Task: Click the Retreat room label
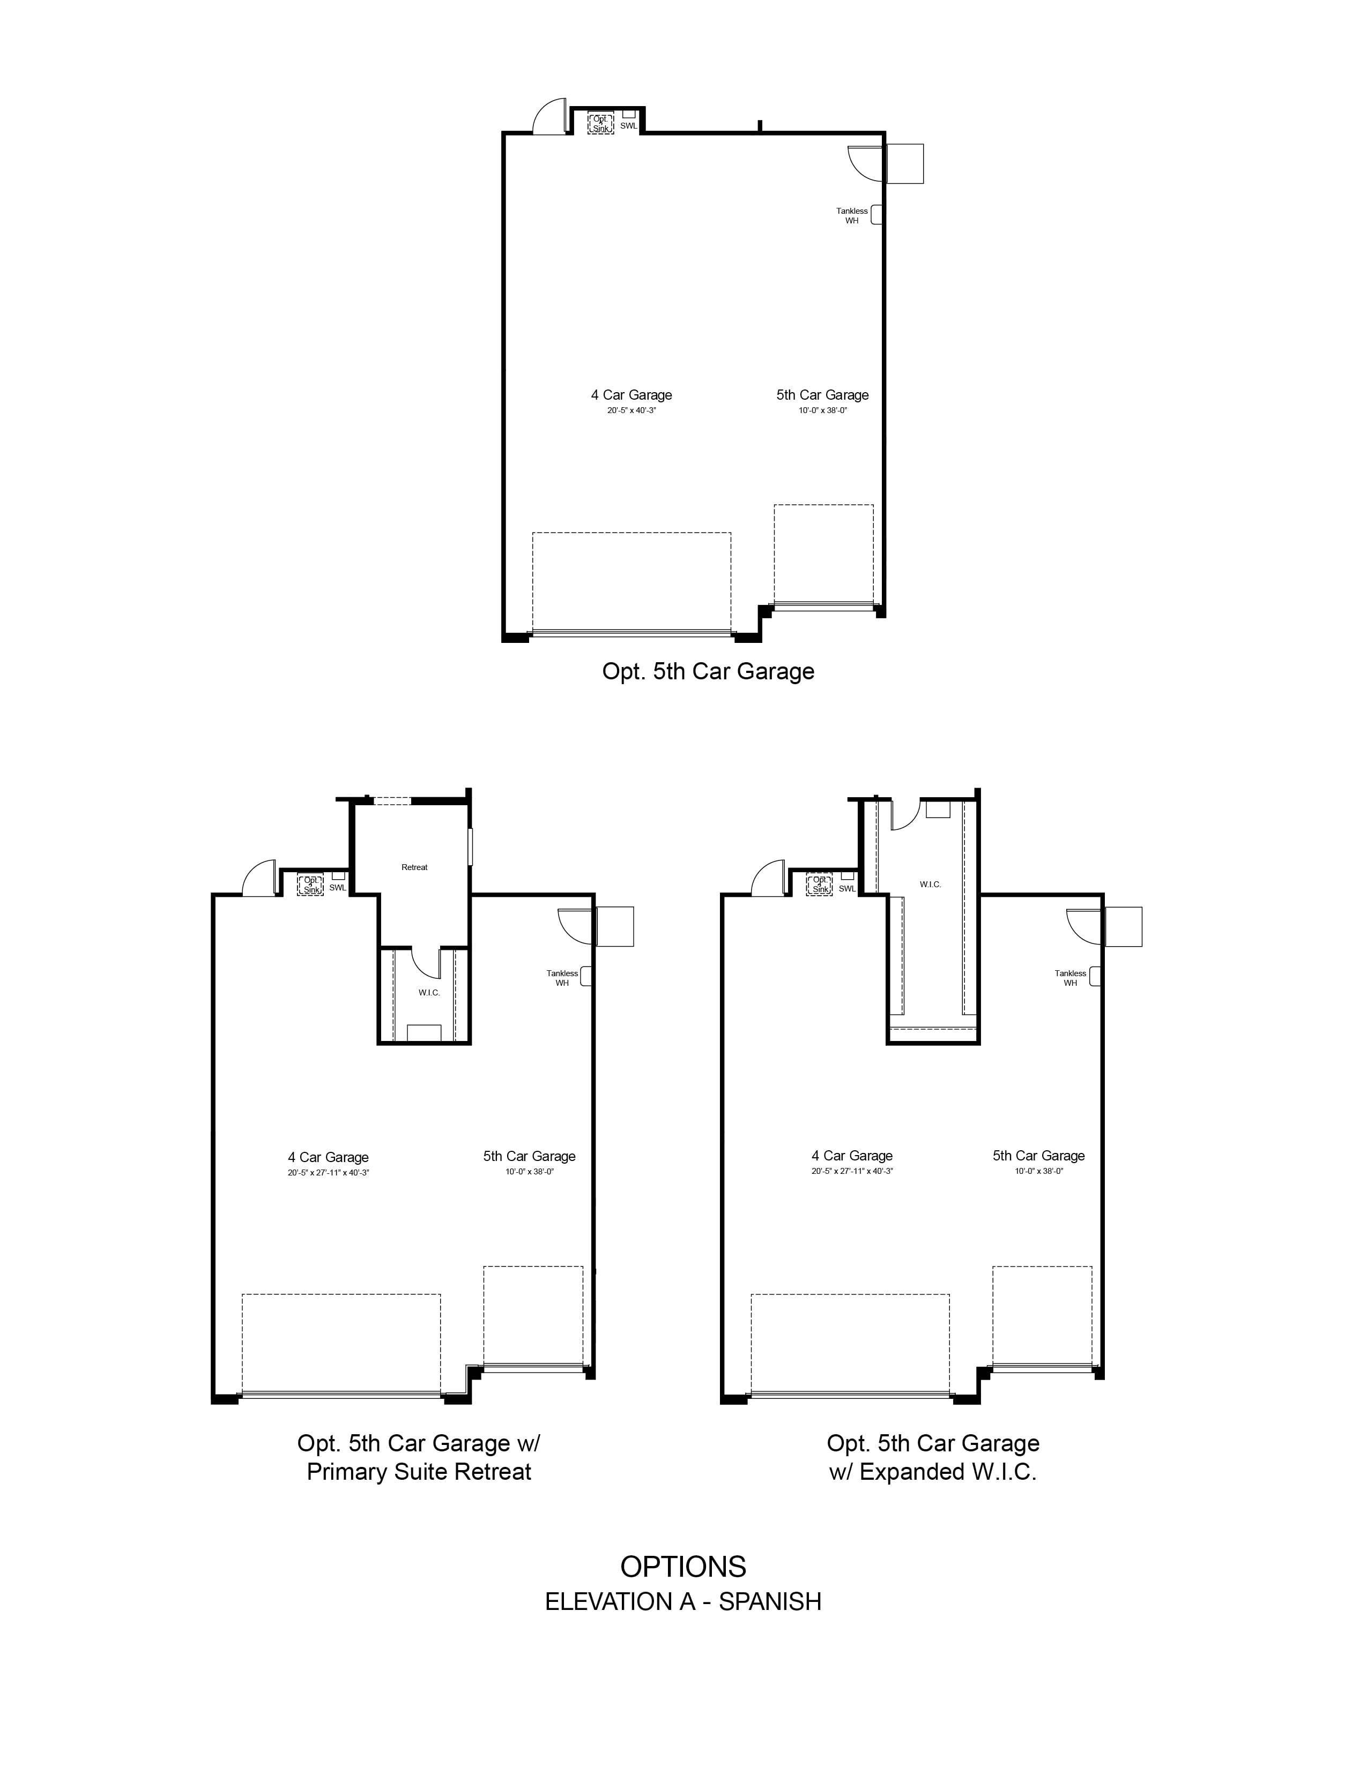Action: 414,867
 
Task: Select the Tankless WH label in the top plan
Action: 852,215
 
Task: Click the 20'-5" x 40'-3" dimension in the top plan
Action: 632,410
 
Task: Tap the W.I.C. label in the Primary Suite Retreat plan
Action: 429,992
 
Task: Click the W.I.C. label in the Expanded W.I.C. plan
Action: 931,884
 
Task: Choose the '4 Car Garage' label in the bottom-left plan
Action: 328,1158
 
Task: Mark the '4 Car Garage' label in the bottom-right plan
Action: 852,1156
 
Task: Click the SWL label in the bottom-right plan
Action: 847,888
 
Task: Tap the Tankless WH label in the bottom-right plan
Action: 1071,978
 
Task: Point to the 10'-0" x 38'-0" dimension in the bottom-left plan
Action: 530,1171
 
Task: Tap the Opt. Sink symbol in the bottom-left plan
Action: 311,885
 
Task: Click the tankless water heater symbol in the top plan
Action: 876,214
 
